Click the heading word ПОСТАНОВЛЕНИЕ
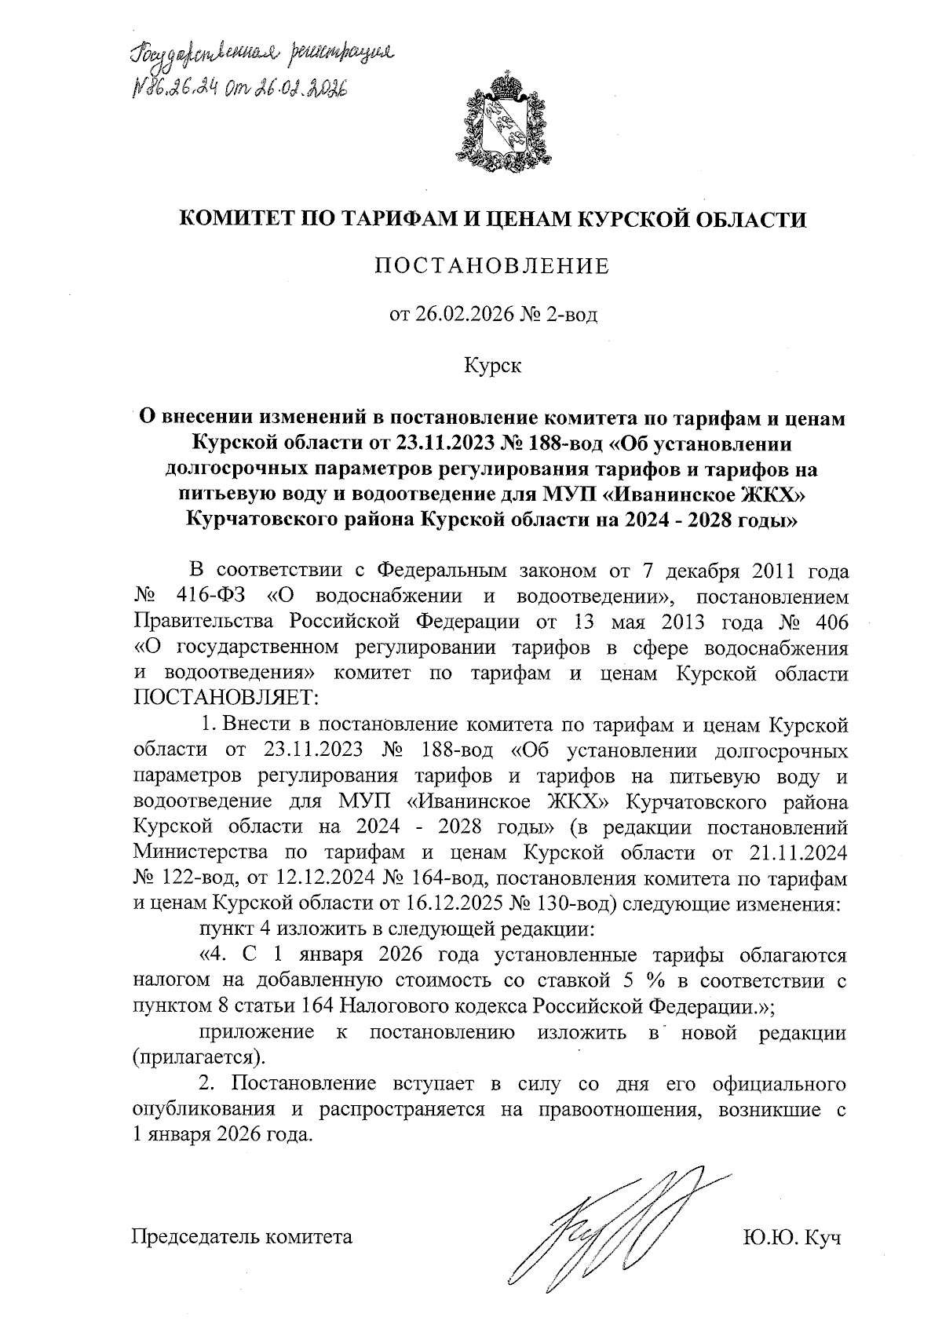492,266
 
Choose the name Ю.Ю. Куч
792,1238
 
